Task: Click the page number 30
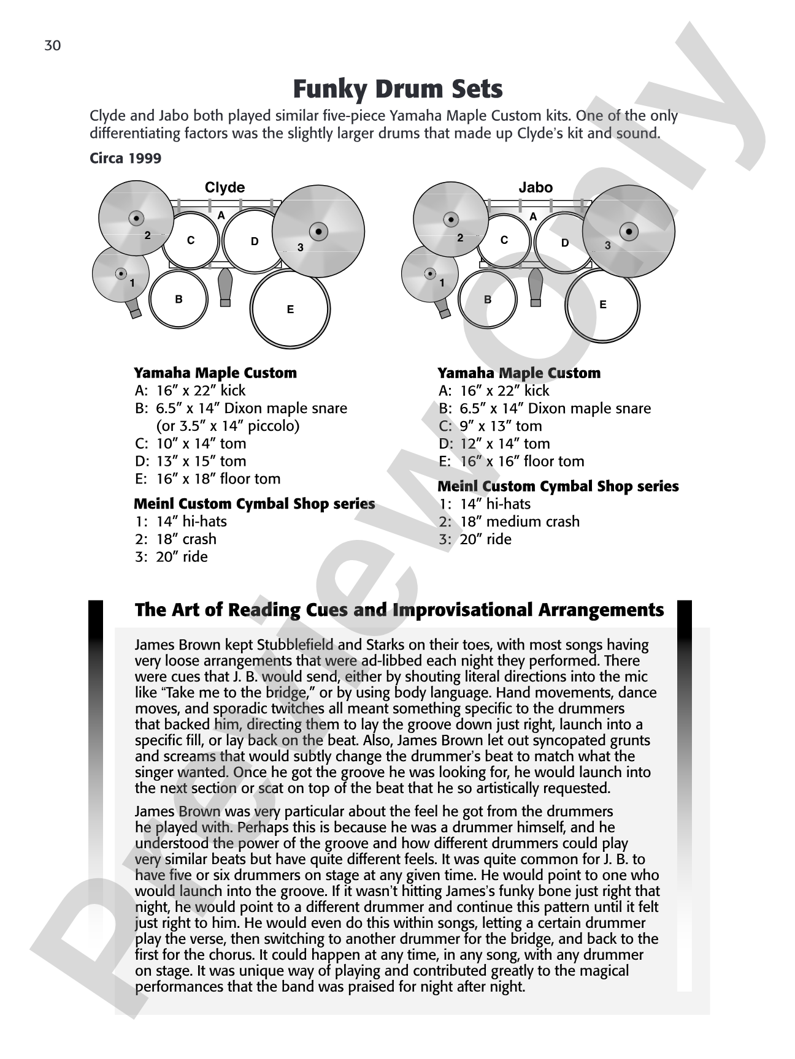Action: pos(53,46)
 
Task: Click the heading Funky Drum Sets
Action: pos(397,89)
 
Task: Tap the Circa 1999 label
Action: pos(126,158)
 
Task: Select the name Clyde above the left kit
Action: pos(225,188)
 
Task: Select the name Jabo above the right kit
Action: pos(536,188)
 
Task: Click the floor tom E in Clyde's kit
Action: pos(290,309)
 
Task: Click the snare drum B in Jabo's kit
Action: pos(488,300)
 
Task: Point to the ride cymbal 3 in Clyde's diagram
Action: pos(318,231)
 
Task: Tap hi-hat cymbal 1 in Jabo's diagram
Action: pos(430,274)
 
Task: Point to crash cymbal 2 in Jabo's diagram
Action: pos(451,219)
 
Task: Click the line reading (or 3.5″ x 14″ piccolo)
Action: pos(228,426)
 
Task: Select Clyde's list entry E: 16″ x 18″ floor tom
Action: pos(207,479)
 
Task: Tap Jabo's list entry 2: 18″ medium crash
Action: pos(509,522)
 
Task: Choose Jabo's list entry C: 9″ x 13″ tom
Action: pos(490,426)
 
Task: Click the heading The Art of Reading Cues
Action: pos(399,610)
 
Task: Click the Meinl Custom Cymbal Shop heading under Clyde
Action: pos(255,504)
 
